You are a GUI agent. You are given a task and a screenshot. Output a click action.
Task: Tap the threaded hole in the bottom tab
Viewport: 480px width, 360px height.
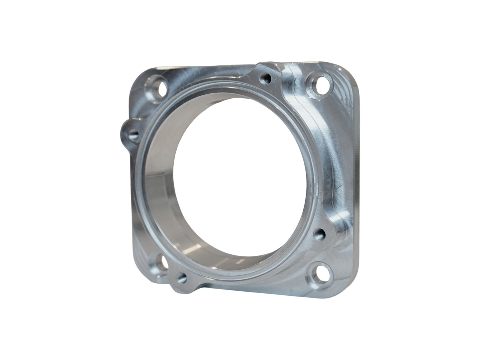(181, 277)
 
